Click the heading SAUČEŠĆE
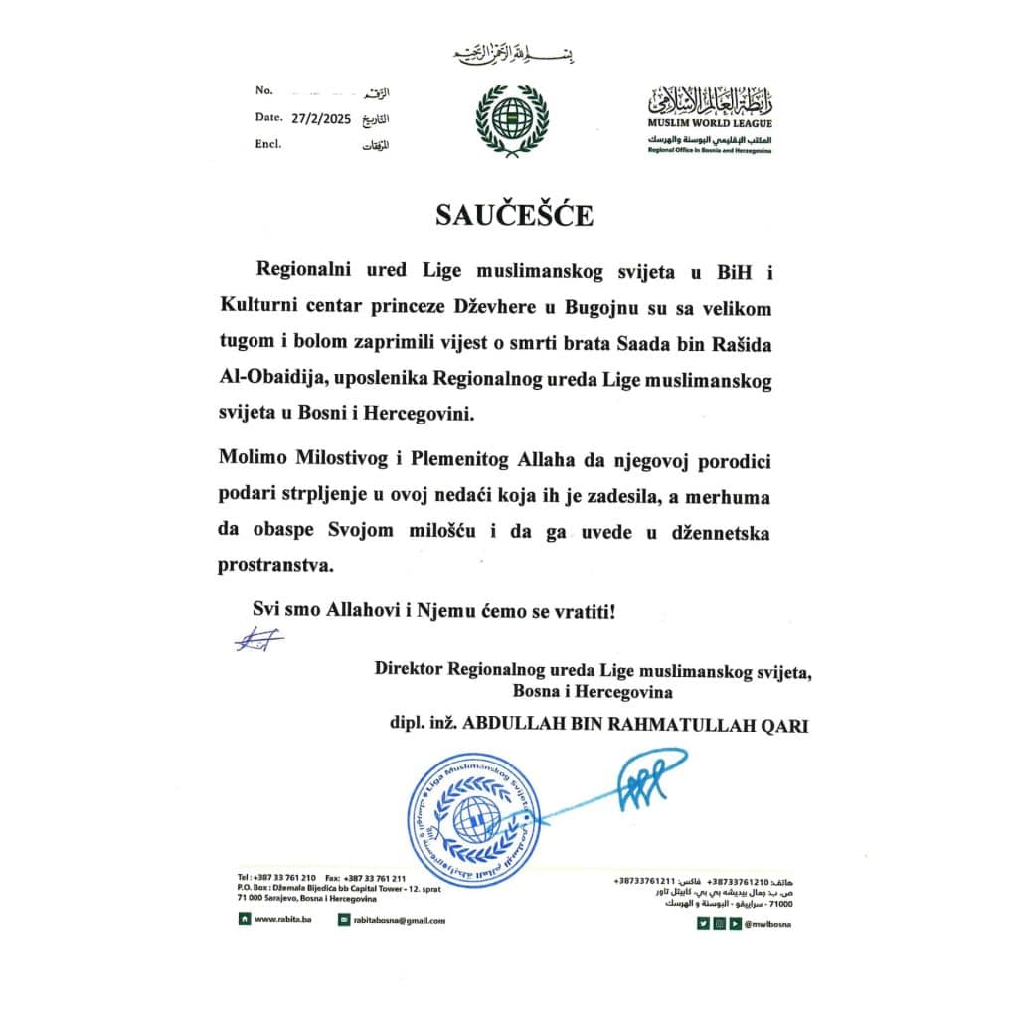pos(513,216)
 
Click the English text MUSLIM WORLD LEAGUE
pos(709,124)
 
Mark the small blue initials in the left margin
pos(258,640)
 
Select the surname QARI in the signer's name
pos(785,726)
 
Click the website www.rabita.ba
pos(279,920)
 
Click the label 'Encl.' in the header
pos(268,143)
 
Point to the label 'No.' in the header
pos(263,90)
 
